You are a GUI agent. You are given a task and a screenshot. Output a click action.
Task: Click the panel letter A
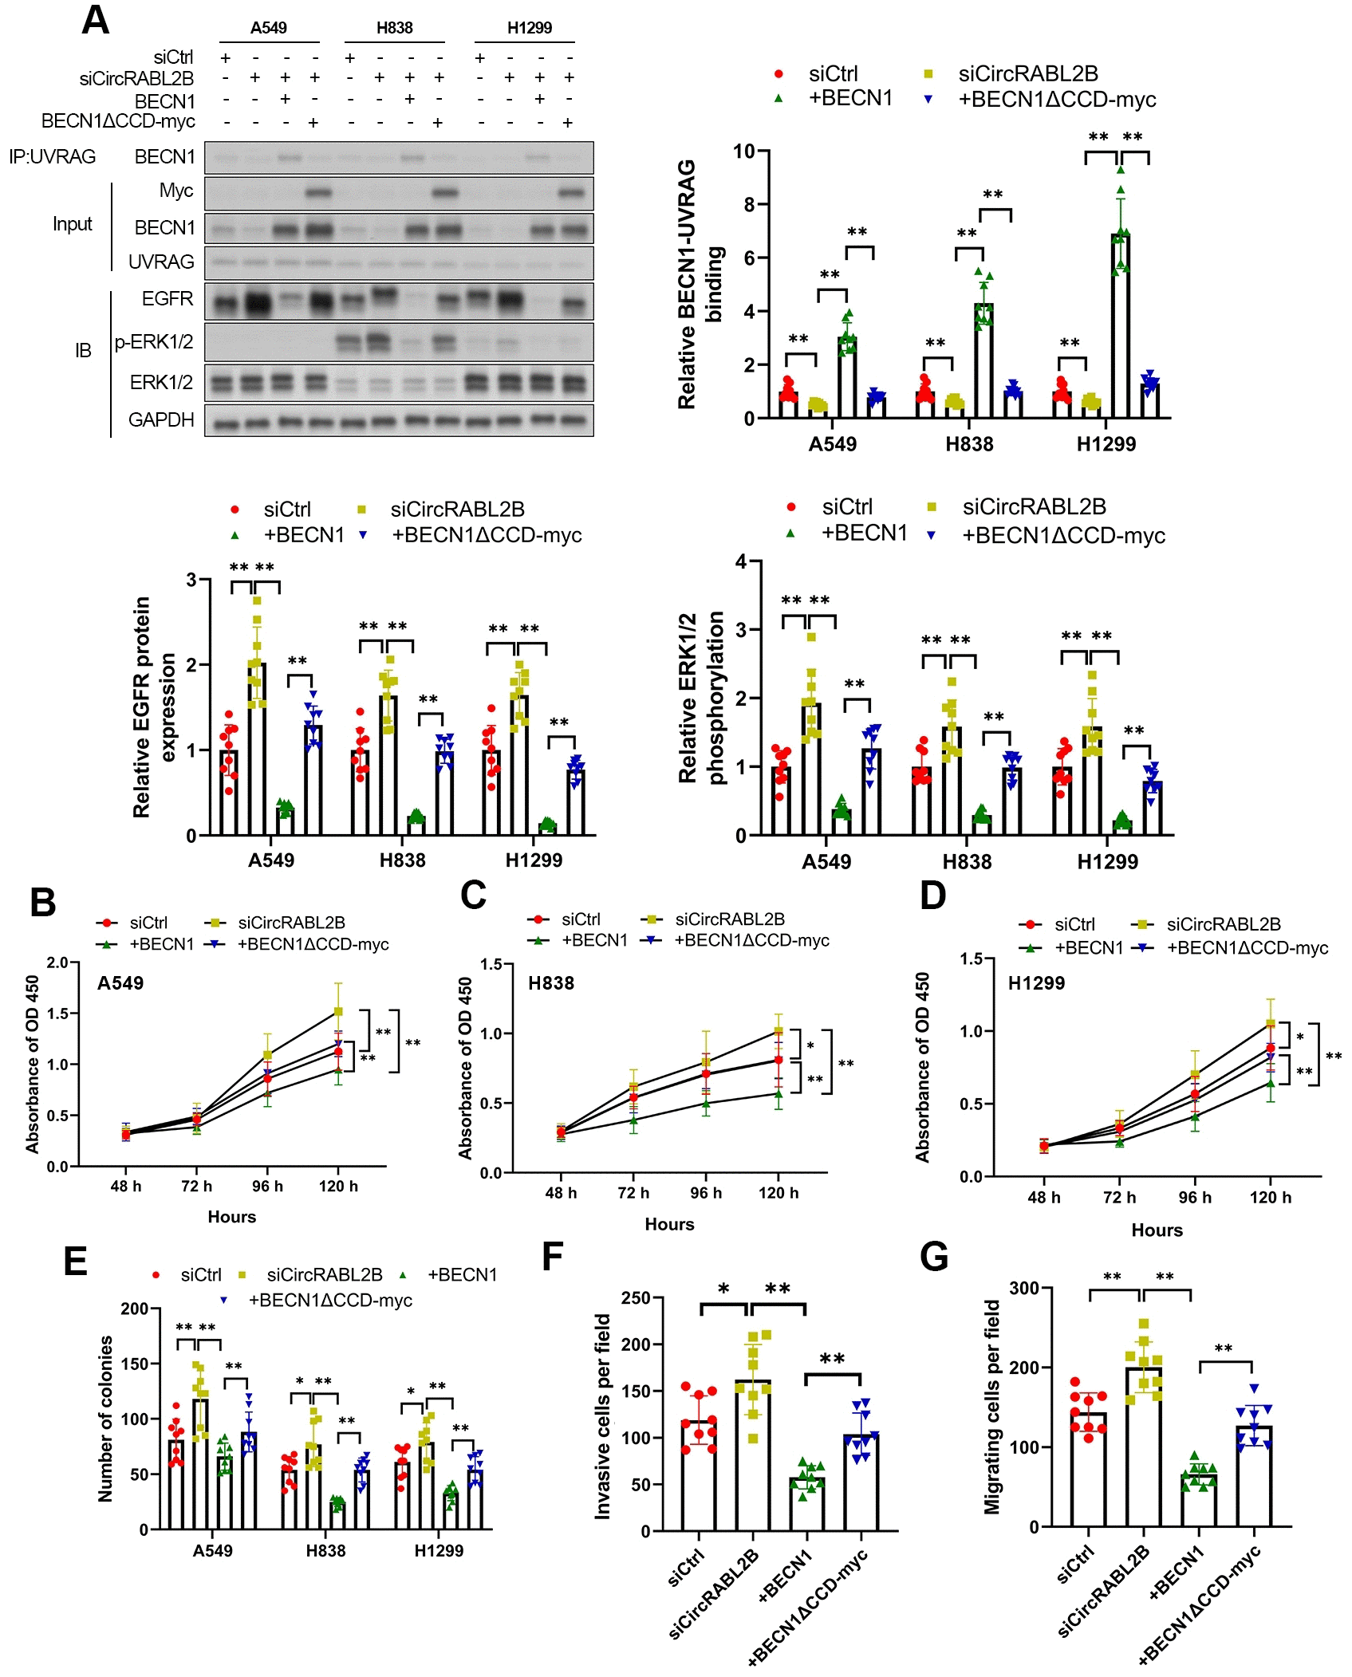tap(95, 20)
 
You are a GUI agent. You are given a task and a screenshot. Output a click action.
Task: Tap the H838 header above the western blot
tap(394, 28)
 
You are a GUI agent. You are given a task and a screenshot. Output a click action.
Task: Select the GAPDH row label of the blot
tap(161, 419)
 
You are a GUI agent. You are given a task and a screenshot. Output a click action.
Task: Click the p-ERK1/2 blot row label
tap(154, 342)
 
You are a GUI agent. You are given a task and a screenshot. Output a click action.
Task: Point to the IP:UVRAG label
tap(52, 156)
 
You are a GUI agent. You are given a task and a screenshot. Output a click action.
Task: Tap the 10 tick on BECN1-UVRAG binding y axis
tap(743, 152)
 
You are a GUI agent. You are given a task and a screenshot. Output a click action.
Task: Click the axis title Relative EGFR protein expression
tap(152, 707)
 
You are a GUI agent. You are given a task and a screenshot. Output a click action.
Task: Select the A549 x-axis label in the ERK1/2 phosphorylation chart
tap(826, 862)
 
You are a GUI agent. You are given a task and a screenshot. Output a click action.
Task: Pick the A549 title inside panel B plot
tap(120, 983)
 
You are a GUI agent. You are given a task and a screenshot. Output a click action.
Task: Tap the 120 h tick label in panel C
tap(778, 1193)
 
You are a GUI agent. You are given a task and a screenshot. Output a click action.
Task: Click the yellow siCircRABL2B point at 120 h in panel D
tap(1271, 1023)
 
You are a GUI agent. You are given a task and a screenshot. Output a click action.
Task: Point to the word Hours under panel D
tap(1157, 1230)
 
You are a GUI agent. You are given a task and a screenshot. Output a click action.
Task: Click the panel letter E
tap(75, 1262)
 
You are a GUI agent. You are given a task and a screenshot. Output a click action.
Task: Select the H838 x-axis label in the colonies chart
tap(325, 1551)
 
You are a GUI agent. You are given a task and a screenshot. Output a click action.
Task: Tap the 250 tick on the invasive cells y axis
tap(636, 1298)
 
